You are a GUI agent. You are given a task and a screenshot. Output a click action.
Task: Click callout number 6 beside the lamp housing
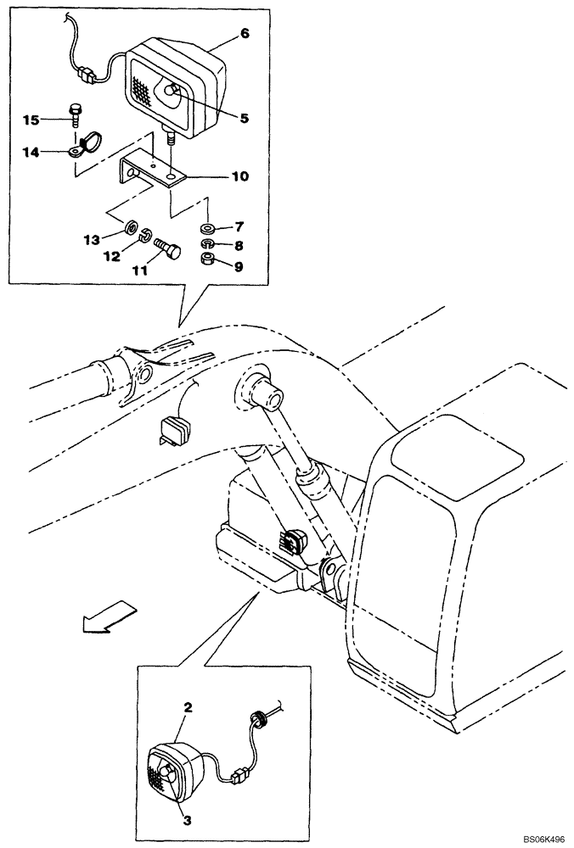(x=245, y=35)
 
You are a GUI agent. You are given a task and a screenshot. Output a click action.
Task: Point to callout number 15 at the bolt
(x=31, y=120)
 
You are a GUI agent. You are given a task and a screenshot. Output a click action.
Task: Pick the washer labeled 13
(x=132, y=227)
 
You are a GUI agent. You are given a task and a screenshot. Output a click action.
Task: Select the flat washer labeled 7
(x=206, y=228)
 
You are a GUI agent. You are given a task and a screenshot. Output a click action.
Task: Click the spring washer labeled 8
(x=206, y=244)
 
